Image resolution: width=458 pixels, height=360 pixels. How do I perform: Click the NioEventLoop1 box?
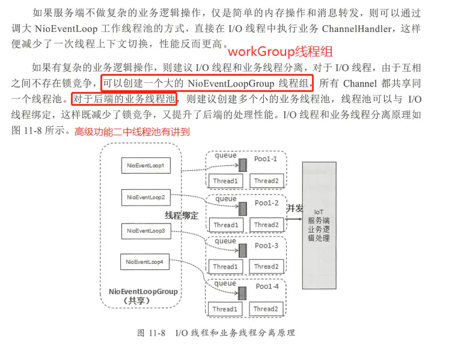[145, 165]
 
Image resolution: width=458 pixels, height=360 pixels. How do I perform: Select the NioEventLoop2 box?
[145, 197]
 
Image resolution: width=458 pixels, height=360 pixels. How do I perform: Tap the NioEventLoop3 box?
[145, 230]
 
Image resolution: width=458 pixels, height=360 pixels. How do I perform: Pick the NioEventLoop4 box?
[145, 262]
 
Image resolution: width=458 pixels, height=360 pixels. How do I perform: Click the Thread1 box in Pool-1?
[225, 181]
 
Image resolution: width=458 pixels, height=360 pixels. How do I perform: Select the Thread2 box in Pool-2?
[266, 225]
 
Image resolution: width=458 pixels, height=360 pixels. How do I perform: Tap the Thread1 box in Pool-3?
[225, 266]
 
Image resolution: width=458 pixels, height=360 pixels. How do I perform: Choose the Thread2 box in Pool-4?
[266, 309]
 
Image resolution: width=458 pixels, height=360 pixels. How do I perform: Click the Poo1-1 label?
[266, 159]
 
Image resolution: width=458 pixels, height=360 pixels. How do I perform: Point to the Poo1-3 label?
[266, 245]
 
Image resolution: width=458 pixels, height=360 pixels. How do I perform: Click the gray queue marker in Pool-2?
[242, 208]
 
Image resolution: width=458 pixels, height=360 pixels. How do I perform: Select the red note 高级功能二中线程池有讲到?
[132, 132]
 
